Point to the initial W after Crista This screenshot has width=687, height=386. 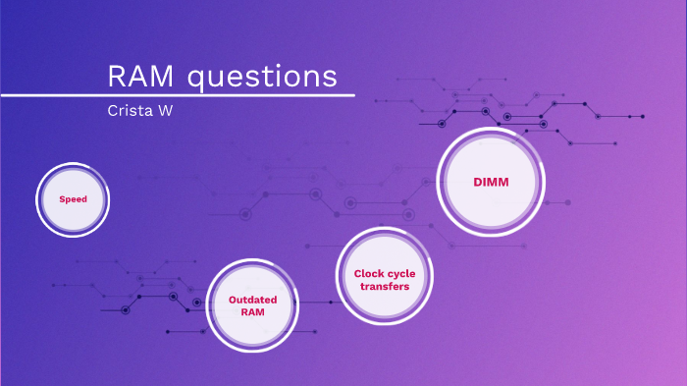coord(165,110)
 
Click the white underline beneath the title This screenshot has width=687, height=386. coord(177,95)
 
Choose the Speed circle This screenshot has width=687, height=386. coord(73,199)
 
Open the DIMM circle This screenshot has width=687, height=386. coord(490,183)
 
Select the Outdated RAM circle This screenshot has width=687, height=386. coord(252,304)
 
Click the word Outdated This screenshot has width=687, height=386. coord(252,299)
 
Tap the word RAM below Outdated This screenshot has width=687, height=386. coord(252,311)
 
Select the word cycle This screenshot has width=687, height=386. coord(399,273)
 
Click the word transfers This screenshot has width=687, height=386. coord(383,286)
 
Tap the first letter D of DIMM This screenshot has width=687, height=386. coord(476,183)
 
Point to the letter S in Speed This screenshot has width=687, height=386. coord(61,199)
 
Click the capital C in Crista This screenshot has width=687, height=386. coord(112,110)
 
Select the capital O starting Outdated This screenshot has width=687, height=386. coord(232,299)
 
